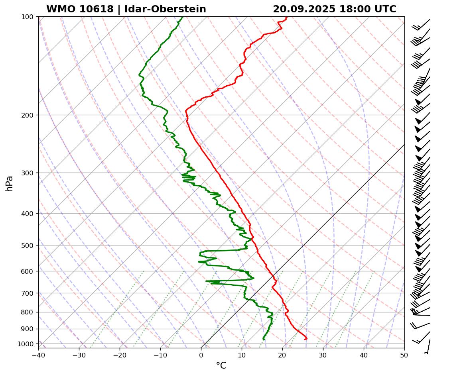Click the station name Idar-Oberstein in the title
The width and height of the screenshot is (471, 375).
coord(165,9)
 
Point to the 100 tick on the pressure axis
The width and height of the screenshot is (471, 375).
coord(28,17)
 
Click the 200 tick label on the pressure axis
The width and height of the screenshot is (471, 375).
coord(28,115)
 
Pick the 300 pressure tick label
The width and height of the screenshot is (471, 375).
coord(28,173)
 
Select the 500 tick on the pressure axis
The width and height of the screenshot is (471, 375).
coord(28,245)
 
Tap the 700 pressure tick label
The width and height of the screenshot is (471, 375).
coord(28,293)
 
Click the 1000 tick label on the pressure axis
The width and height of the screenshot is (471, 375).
coord(26,344)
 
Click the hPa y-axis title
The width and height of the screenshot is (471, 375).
coord(9,184)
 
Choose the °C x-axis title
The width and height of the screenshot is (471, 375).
coord(221,366)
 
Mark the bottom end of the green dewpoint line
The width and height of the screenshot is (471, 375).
coord(264,339)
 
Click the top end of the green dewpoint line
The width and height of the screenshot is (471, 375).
coord(183,17)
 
